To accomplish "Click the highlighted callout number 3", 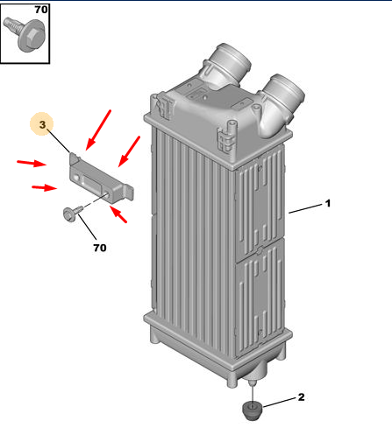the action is click(42, 124).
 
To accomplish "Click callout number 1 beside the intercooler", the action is click(328, 203).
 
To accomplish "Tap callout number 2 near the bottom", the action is click(301, 396).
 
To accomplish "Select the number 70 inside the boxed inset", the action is click(41, 10).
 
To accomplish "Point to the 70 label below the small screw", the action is click(100, 248).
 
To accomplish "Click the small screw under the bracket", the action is click(73, 213).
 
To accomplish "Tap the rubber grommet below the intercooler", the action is click(253, 410).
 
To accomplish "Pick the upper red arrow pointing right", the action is click(32, 163).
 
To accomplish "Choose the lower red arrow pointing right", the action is click(45, 187).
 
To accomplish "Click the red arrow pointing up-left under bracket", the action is click(118, 214).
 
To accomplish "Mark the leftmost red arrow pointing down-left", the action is click(98, 130).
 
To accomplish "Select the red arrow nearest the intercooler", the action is click(129, 151).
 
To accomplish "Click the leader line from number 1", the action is click(305, 208).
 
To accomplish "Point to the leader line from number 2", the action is click(279, 402).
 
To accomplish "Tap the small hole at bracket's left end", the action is click(76, 177).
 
